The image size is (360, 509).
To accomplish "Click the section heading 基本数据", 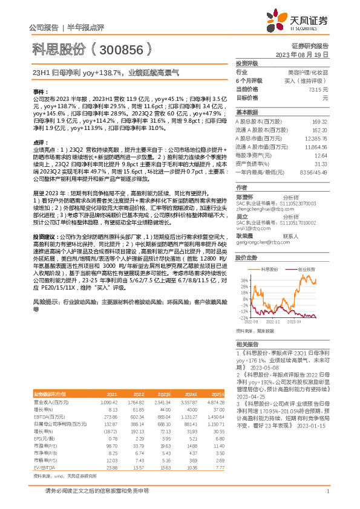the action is tap(247, 112).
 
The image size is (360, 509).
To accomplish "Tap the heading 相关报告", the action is tap(247, 343).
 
